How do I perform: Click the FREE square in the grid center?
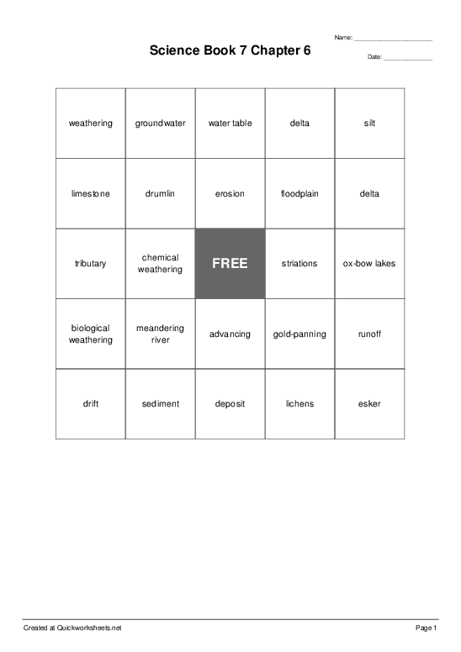[230, 264]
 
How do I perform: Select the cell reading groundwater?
[160, 124]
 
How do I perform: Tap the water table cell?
[230, 124]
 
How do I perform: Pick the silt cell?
[369, 124]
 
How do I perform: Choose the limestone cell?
[91, 194]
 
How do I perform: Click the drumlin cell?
[160, 194]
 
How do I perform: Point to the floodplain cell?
[299, 194]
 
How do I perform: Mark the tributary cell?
[91, 264]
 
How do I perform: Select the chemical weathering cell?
[160, 264]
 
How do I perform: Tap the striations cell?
[299, 264]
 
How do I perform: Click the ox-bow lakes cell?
[369, 264]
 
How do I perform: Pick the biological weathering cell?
[91, 334]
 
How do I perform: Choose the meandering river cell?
[160, 334]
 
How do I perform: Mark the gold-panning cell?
[299, 334]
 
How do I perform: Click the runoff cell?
[369, 334]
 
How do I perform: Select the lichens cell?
[299, 404]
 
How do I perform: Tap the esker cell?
[369, 404]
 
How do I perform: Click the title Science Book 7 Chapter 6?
[230, 50]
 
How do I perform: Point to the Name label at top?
[343, 38]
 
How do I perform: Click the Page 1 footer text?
[427, 628]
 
